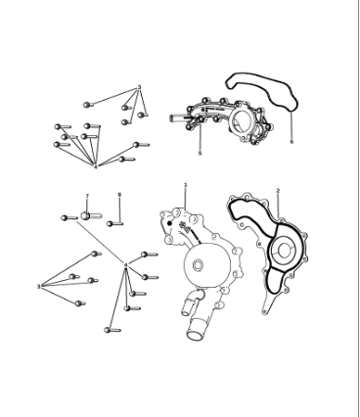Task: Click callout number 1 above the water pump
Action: point(185,184)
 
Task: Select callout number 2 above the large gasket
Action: point(277,190)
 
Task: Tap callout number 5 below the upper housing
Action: point(200,154)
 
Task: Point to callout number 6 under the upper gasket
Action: point(292,141)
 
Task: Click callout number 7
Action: point(86,197)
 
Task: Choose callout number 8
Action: point(119,195)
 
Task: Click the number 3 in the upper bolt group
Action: point(139,87)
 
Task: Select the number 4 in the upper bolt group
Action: point(95,166)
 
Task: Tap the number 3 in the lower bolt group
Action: point(39,287)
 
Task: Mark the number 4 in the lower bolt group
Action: point(125,266)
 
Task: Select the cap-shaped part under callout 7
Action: point(87,214)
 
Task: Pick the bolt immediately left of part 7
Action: point(69,217)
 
